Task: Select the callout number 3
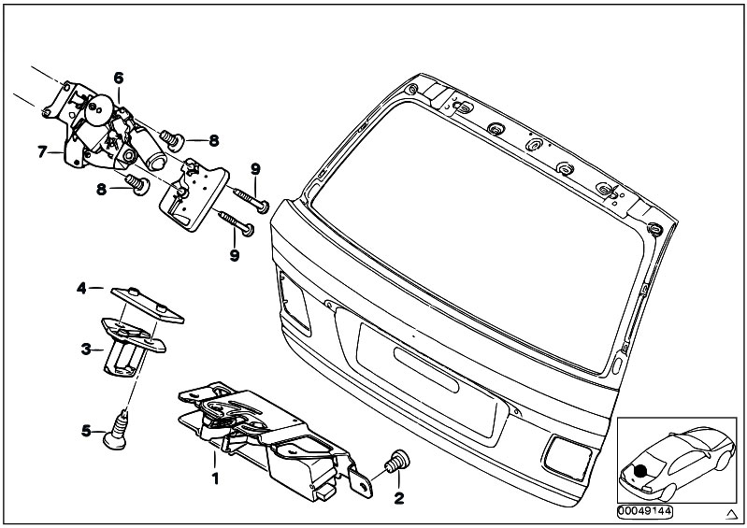point(85,350)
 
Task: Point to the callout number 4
point(81,289)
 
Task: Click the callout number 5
point(85,431)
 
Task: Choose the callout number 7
point(42,150)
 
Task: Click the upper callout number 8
point(213,140)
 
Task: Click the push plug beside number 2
point(396,462)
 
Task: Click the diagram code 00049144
point(644,511)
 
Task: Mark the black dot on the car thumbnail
point(642,471)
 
